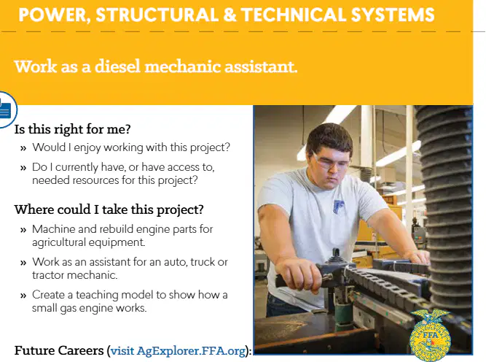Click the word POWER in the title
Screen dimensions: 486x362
click(x=52, y=15)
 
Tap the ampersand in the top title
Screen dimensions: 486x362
click(x=230, y=15)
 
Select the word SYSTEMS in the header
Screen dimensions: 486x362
click(x=393, y=15)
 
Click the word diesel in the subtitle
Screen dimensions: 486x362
click(x=118, y=66)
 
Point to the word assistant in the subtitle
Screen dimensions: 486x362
click(x=260, y=66)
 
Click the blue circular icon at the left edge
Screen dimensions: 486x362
click(x=6, y=109)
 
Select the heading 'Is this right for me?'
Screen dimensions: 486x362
click(x=73, y=129)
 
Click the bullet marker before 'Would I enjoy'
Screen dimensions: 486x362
click(x=23, y=148)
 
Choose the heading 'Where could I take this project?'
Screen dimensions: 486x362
click(x=109, y=209)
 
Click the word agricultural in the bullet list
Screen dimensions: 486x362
click(x=58, y=242)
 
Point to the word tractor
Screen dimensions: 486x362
click(x=48, y=275)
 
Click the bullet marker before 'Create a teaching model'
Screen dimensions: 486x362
click(x=23, y=296)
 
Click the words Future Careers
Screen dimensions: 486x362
click(x=59, y=350)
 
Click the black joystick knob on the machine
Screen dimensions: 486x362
click(x=334, y=256)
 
